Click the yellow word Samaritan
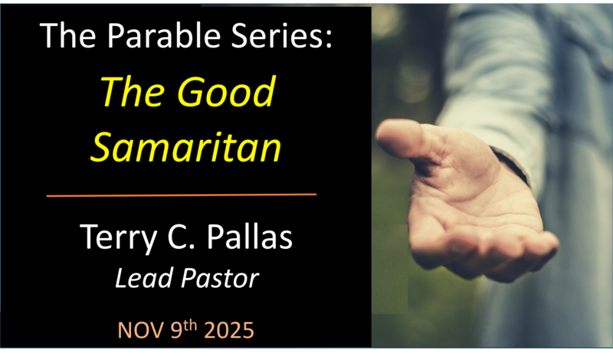click(x=185, y=146)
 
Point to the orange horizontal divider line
click(x=182, y=195)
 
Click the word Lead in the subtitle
click(x=143, y=278)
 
